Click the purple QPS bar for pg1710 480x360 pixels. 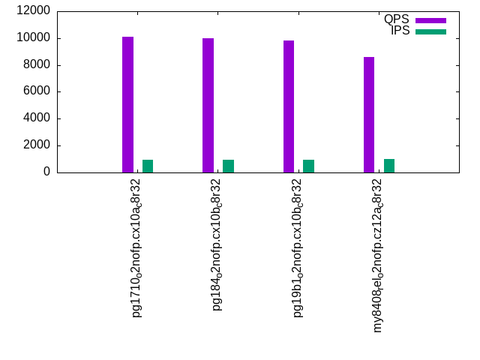pyautogui.click(x=128, y=105)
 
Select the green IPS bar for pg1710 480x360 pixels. pyautogui.click(x=148, y=166)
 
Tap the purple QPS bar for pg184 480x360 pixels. pyautogui.click(x=208, y=105)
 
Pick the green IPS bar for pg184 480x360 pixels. pyautogui.click(x=228, y=166)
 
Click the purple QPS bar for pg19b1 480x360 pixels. pyautogui.click(x=289, y=106)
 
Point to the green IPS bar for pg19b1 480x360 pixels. pyautogui.click(x=308, y=166)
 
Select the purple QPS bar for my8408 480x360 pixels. pyautogui.click(x=369, y=115)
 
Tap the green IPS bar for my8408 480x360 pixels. pyautogui.click(x=389, y=166)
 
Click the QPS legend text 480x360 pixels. pyautogui.click(x=397, y=19)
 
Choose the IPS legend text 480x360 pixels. pyautogui.click(x=400, y=31)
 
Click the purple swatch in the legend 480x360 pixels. pyautogui.click(x=430, y=20)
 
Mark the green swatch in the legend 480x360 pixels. pyautogui.click(x=430, y=31)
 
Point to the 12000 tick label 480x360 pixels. pyautogui.click(x=33, y=10)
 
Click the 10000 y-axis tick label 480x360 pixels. pyautogui.click(x=33, y=37)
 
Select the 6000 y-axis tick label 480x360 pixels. pyautogui.click(x=37, y=91)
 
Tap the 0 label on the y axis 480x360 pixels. pyautogui.click(x=46, y=172)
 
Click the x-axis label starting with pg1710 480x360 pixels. pyautogui.click(x=136, y=248)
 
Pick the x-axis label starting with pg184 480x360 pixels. pyautogui.click(x=217, y=245)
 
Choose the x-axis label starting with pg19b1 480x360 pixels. pyautogui.click(x=297, y=248)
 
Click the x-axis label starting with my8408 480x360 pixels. pyautogui.click(x=378, y=256)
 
